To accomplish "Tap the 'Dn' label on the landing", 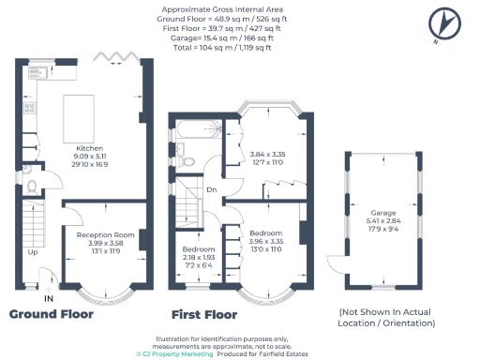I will coord(212,189).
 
